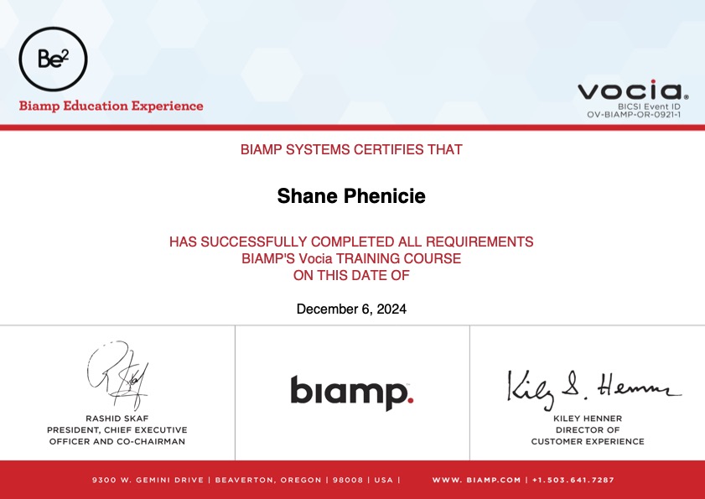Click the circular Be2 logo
(53, 59)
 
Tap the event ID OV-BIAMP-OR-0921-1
(633, 115)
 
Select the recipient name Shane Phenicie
(351, 195)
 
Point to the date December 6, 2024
(351, 309)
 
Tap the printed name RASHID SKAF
(117, 418)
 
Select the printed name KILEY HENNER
(588, 418)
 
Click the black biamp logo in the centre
(351, 392)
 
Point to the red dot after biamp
(410, 399)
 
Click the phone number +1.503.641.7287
(573, 480)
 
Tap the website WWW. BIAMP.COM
(476, 480)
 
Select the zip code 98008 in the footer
(348, 480)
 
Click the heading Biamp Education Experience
(111, 107)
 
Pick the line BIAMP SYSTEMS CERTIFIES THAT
(351, 149)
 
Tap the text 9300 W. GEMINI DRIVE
(148, 480)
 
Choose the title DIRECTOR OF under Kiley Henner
(588, 430)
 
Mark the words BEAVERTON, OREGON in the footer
(268, 480)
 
